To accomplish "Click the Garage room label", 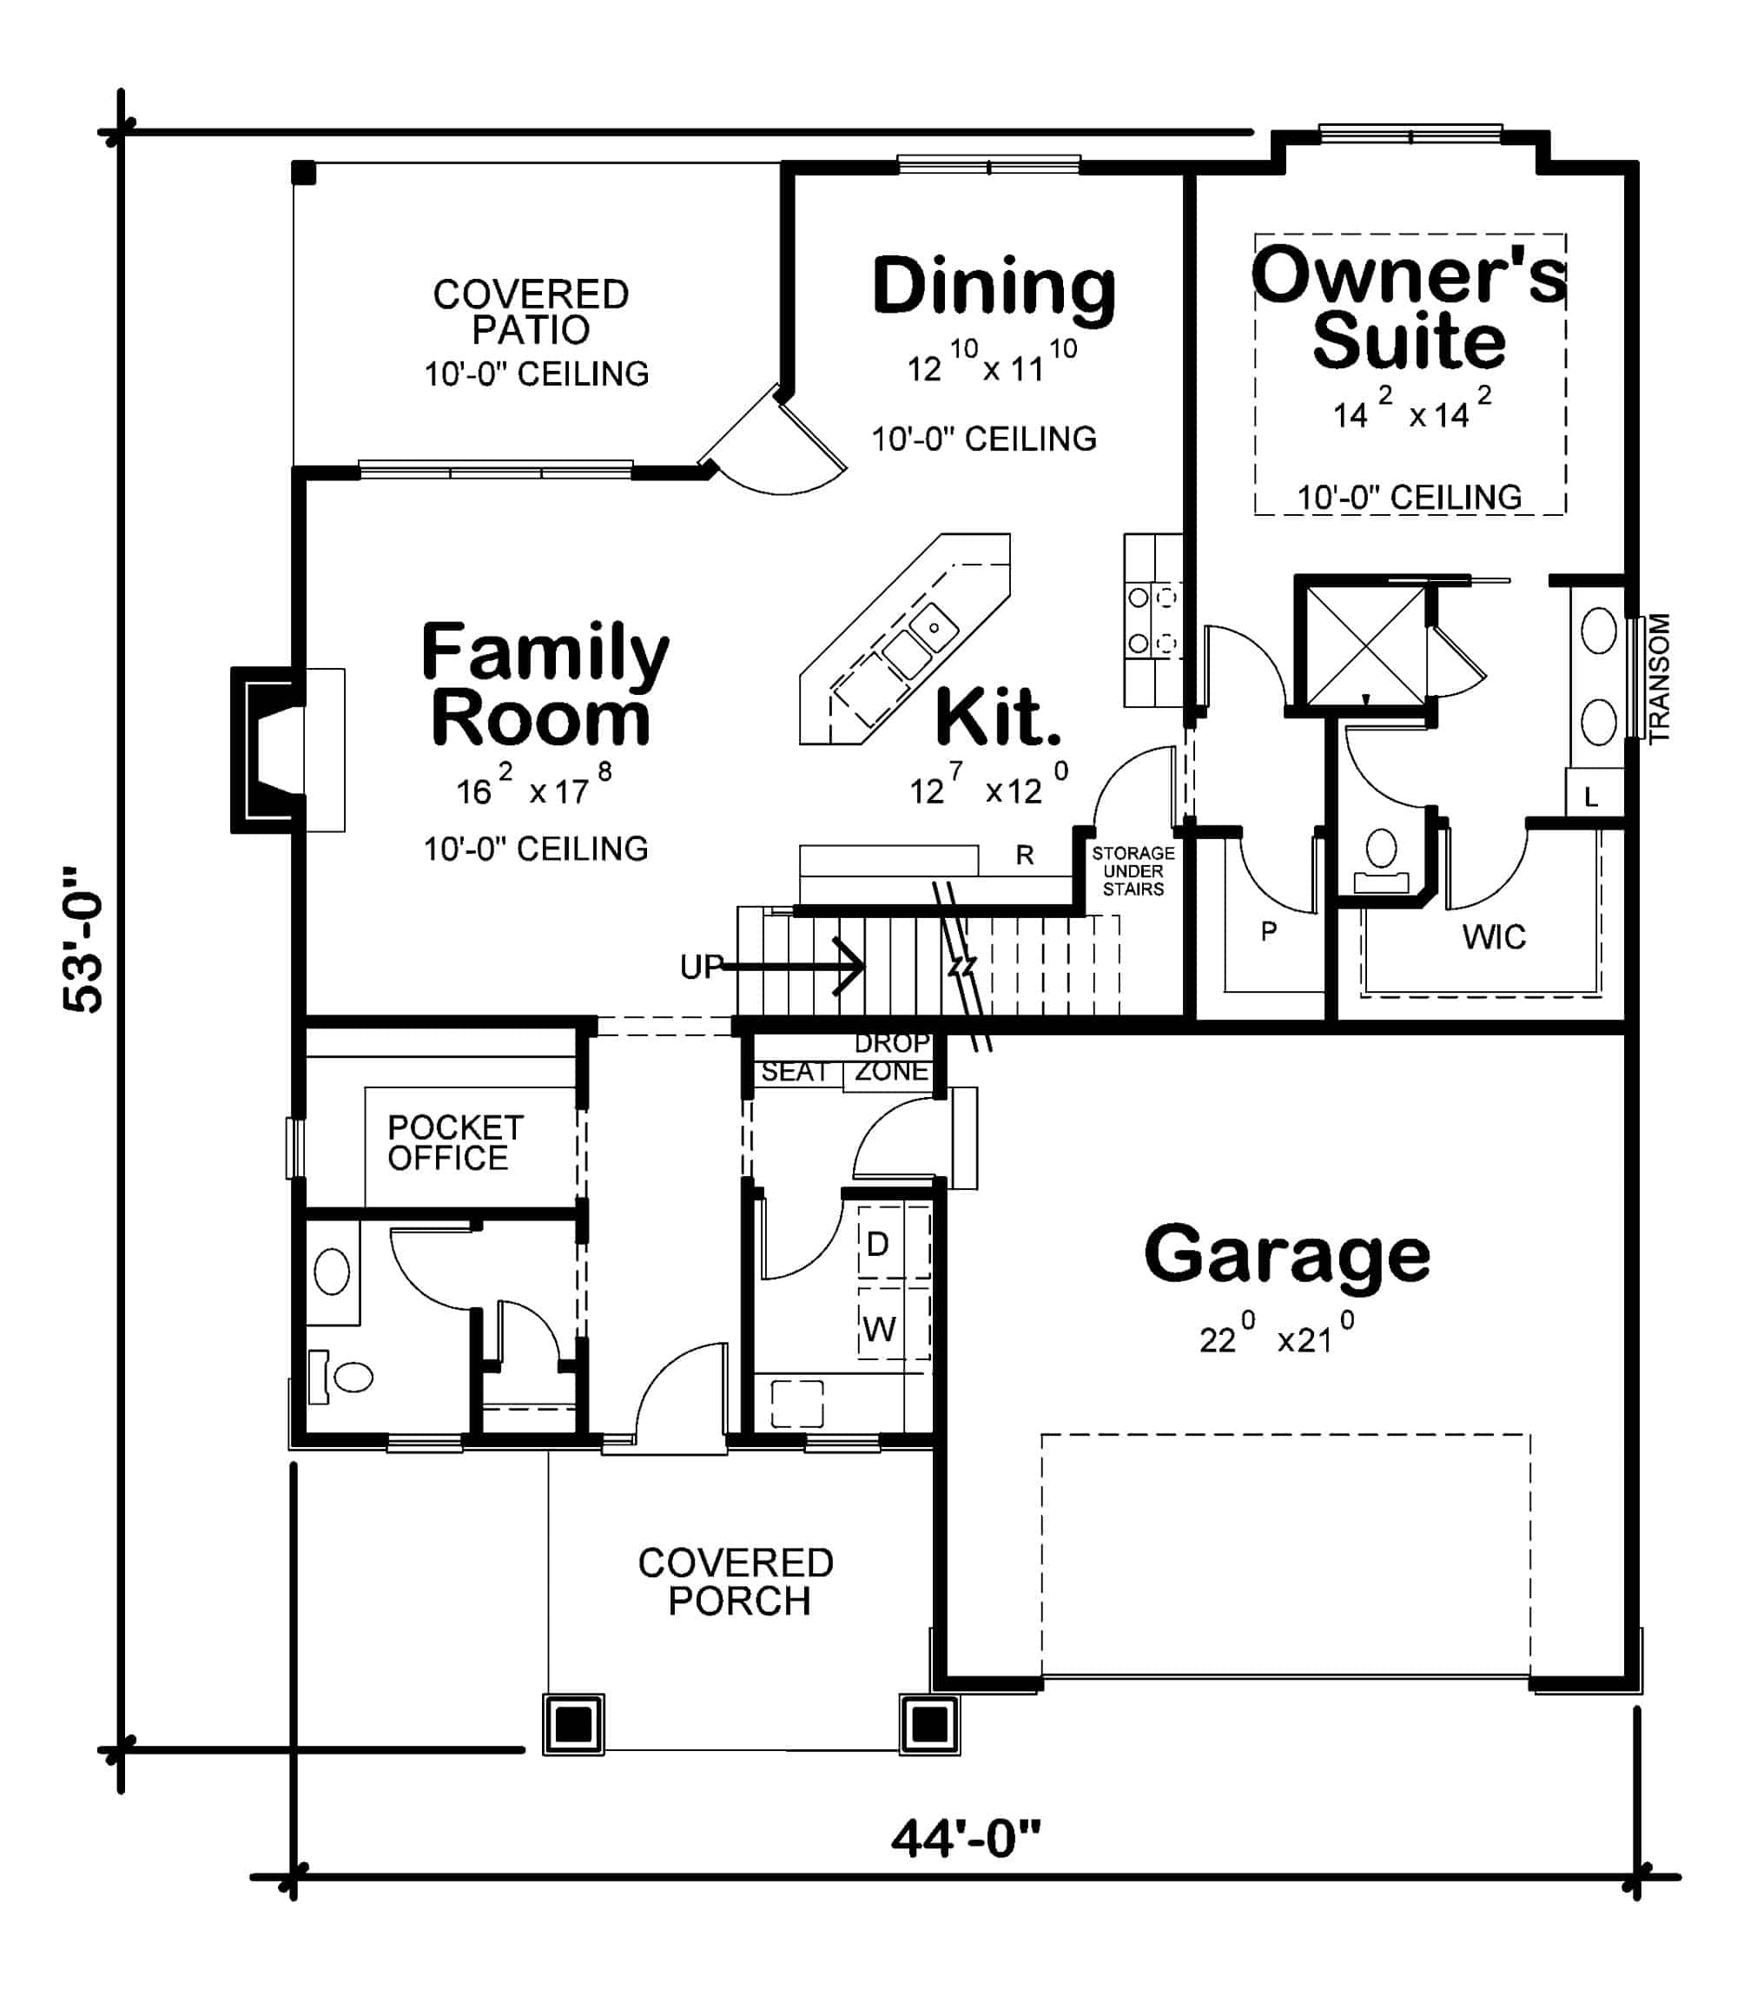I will (x=1286, y=1255).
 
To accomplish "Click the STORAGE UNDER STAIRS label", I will (x=1133, y=869).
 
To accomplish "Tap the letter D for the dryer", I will (x=877, y=1244).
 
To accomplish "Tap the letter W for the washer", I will (x=878, y=1329).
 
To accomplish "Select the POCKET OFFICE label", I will (x=454, y=1142).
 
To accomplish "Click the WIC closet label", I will (x=1493, y=936).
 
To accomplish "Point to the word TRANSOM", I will (x=1660, y=677).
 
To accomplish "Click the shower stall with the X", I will (x=1364, y=644).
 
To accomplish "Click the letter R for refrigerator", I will (x=1025, y=855).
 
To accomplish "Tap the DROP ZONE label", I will (x=891, y=1058).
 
